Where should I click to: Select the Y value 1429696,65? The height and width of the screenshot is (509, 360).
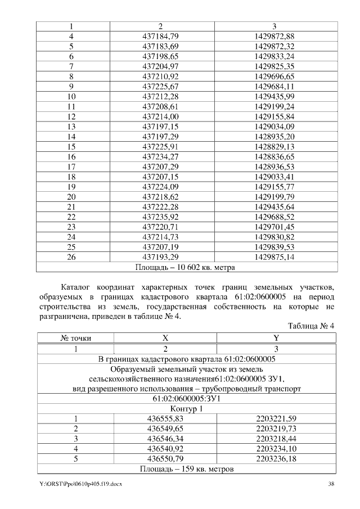point(274,76)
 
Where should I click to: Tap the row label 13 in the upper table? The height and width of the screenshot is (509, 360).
point(71,127)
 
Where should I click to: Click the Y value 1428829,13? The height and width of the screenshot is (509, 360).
point(274,147)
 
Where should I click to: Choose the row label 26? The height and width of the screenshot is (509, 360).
point(71,257)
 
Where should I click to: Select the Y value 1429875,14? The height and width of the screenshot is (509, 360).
point(274,257)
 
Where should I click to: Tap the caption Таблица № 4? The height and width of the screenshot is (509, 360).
point(311,326)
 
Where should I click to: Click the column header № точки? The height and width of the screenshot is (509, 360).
point(76,338)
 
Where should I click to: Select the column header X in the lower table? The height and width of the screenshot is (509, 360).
point(165,338)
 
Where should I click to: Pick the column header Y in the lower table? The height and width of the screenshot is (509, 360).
point(276,338)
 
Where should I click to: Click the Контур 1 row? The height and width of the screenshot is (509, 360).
point(186,408)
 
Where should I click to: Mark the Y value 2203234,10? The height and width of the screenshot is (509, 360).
point(276,449)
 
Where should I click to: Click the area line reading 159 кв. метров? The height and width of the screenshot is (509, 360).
point(186,469)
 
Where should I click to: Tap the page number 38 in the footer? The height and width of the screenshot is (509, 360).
point(331,484)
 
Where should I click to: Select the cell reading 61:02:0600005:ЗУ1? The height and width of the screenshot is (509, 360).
point(186,398)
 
